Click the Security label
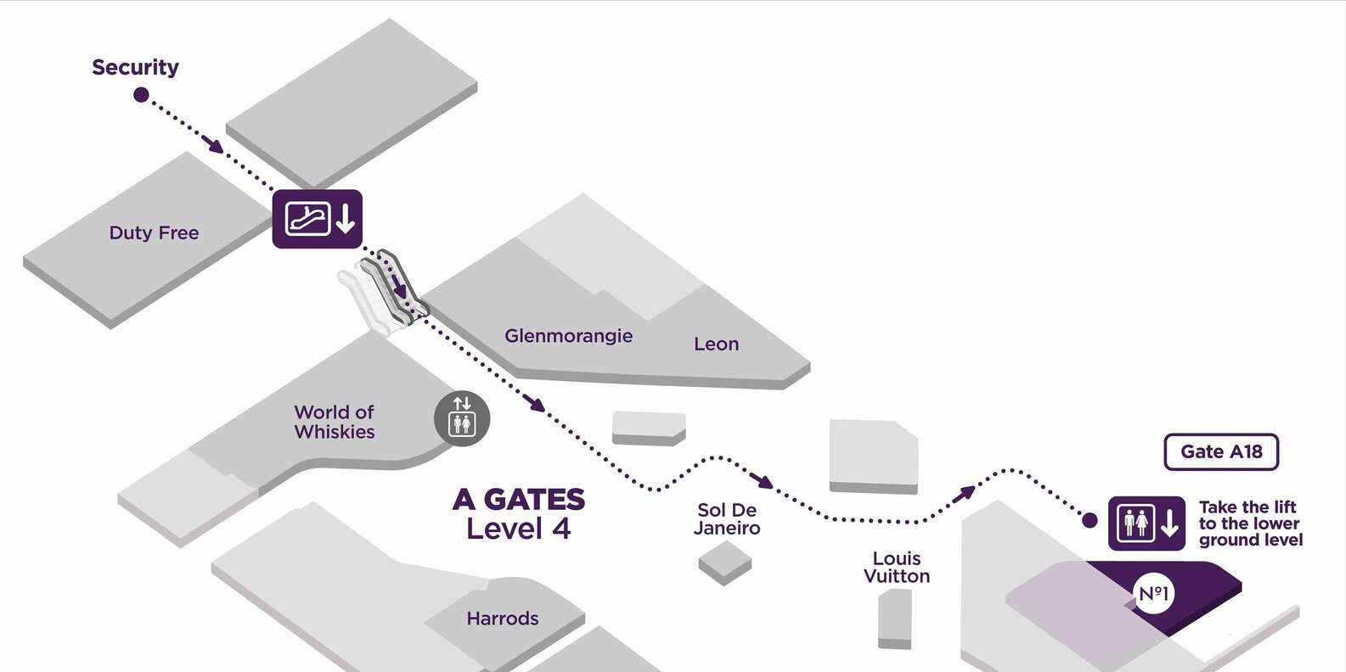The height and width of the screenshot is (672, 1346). coord(135,67)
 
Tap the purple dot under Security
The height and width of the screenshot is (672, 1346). coord(141,95)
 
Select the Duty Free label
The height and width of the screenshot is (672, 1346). coord(154,233)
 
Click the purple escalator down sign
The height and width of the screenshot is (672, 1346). coord(318,219)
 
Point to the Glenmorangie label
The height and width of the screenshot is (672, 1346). coord(568,336)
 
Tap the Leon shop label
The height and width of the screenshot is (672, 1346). coord(716,344)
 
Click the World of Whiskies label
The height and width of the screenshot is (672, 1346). coord(334,422)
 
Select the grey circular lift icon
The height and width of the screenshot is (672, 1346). coord(462,418)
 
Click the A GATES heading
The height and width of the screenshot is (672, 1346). coord(519,500)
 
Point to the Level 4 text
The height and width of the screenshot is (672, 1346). coord(518,529)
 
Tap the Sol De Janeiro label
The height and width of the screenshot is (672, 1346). coord(727,519)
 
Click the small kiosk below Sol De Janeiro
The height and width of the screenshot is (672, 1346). coord(725,563)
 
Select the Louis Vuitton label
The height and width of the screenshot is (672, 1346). coord(897,568)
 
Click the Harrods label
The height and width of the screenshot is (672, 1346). coord(503,619)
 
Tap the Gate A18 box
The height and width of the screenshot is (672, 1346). coord(1222,451)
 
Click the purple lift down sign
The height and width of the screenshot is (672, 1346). coord(1147,523)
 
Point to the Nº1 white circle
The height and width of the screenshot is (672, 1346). coord(1154,594)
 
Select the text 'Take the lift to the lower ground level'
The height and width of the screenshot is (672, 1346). coord(1250,524)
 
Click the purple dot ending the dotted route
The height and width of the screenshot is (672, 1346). coord(1090,521)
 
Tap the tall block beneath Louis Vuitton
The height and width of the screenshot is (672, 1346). coord(895,619)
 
